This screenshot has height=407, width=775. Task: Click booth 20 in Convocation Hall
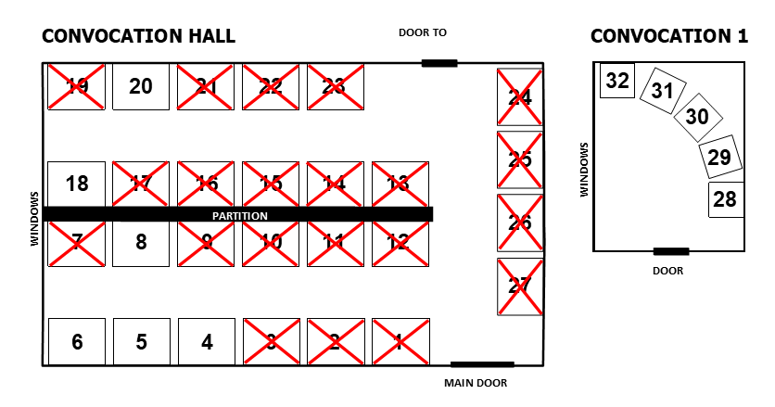click(x=141, y=86)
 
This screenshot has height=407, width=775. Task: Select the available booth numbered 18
click(x=77, y=184)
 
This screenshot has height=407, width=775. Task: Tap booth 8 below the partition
click(x=141, y=242)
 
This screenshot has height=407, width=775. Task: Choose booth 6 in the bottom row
click(x=77, y=342)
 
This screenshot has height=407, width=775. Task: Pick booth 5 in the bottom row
click(x=141, y=342)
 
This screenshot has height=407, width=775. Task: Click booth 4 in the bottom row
click(x=207, y=342)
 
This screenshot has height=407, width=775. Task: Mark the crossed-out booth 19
click(x=77, y=86)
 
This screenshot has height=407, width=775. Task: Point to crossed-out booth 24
click(x=520, y=96)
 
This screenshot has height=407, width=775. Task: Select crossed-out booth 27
click(x=520, y=286)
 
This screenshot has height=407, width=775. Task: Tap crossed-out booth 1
click(x=400, y=342)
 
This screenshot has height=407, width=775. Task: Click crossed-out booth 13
click(x=400, y=184)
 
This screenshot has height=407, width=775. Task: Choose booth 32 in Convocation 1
click(x=617, y=82)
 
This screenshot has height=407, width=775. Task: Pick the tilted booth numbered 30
click(x=697, y=117)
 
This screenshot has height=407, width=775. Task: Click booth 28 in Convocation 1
click(x=725, y=199)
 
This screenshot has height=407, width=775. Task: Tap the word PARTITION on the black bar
click(x=240, y=215)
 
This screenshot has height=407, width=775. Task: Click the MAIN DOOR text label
click(x=476, y=383)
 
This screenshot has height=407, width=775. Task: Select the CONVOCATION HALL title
click(x=139, y=36)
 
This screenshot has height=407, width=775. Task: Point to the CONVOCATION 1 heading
click(x=669, y=36)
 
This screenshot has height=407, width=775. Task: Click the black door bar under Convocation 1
click(x=670, y=251)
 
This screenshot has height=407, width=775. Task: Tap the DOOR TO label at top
click(x=423, y=32)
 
